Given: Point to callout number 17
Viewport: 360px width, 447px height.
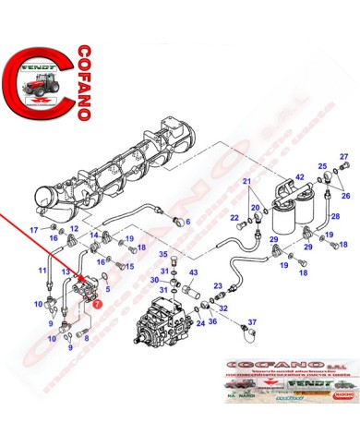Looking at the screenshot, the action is (34, 229).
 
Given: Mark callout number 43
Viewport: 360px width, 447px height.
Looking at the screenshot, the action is (194, 272).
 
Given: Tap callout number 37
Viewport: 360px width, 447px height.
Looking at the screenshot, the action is (252, 323).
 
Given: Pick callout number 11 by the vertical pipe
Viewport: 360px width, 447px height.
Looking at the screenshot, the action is (42, 270).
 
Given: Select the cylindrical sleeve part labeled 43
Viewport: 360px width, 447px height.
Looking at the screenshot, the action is (195, 295).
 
